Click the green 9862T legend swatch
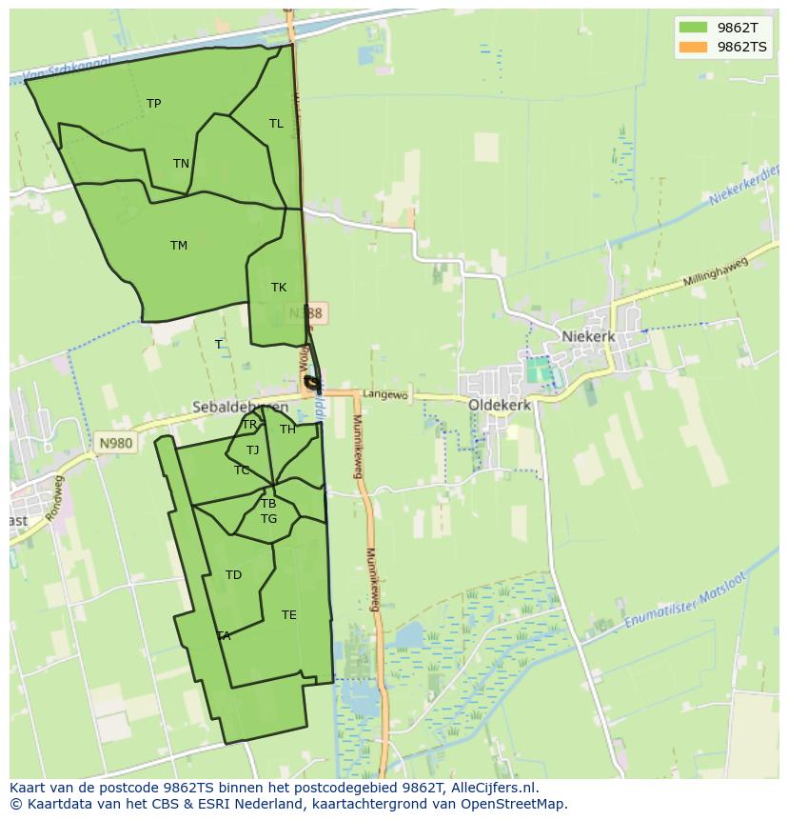click(x=693, y=27)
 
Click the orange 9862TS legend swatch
click(x=693, y=47)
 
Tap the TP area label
click(x=153, y=104)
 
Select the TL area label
click(x=276, y=124)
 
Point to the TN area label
click(x=181, y=164)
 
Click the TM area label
click(x=179, y=246)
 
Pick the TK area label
click(x=279, y=288)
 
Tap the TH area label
click(x=287, y=430)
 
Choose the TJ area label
click(x=252, y=450)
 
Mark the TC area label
click(x=242, y=470)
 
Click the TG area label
click(x=268, y=519)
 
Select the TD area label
click(x=233, y=575)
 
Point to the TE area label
click(x=289, y=615)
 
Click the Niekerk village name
click(x=588, y=337)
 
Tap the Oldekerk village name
click(x=500, y=405)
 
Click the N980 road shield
click(x=114, y=443)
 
